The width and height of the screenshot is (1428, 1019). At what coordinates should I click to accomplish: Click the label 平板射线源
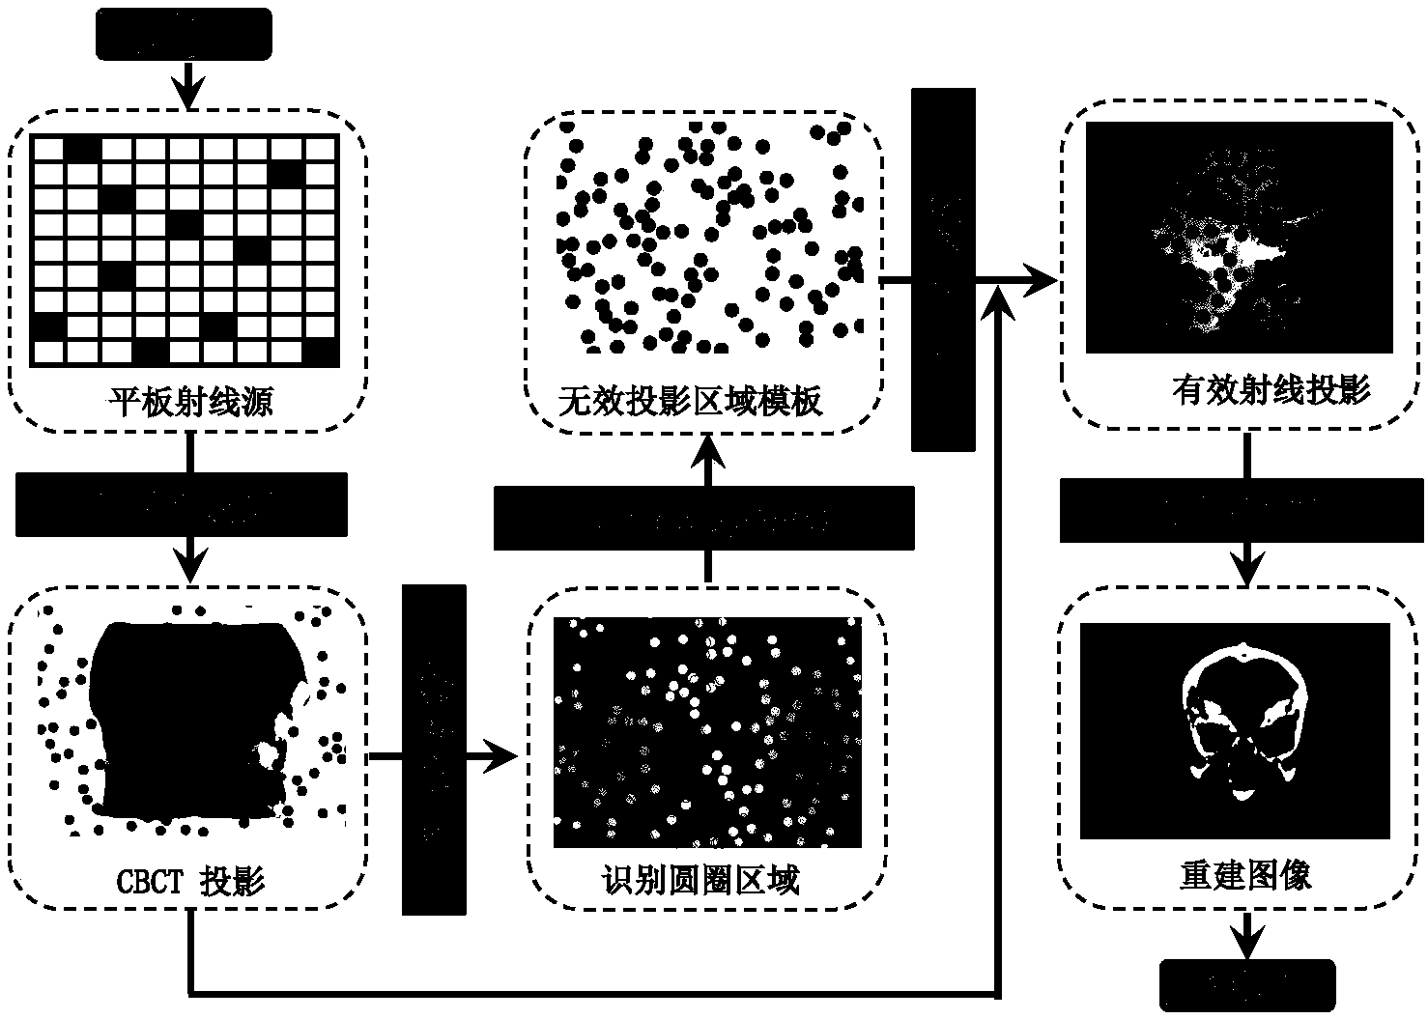pos(190,400)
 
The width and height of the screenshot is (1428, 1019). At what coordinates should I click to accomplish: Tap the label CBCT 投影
pos(190,880)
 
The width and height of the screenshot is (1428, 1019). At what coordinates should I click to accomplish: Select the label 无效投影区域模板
pos(690,400)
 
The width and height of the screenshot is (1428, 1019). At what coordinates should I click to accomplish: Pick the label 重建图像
pos(1245,875)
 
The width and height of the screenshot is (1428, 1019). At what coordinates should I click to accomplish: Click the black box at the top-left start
pos(184,35)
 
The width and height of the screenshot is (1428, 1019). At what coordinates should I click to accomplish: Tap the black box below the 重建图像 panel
pos(1247,985)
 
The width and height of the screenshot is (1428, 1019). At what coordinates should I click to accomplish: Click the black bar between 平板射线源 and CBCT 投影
pos(182,504)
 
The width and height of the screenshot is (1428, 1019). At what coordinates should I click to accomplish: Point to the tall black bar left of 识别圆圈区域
pos(434,750)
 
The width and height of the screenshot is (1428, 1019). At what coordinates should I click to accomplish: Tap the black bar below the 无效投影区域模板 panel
pos(703,518)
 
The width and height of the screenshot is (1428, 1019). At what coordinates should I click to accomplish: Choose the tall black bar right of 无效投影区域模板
pos(943,269)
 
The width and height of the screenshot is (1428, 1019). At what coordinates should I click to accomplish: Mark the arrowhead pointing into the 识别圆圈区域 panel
pos(503,756)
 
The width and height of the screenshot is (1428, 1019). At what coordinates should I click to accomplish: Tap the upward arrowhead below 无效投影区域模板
pos(710,448)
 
